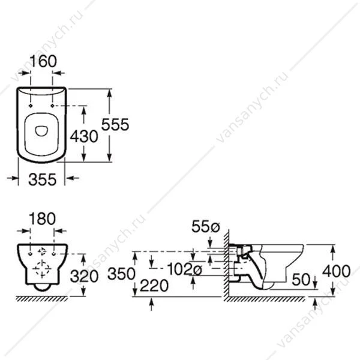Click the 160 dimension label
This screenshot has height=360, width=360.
pos(43,61)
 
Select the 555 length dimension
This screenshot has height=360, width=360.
pos(115,125)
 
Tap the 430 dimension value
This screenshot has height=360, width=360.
pos(84,136)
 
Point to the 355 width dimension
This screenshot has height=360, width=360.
pos(42,179)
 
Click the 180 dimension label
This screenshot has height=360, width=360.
pos(42,218)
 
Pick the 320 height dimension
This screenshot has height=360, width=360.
pos(84,276)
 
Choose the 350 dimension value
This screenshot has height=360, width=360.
pos(121,274)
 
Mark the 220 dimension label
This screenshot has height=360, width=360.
pos(154,286)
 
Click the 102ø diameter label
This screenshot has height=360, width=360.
pos(185,269)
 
